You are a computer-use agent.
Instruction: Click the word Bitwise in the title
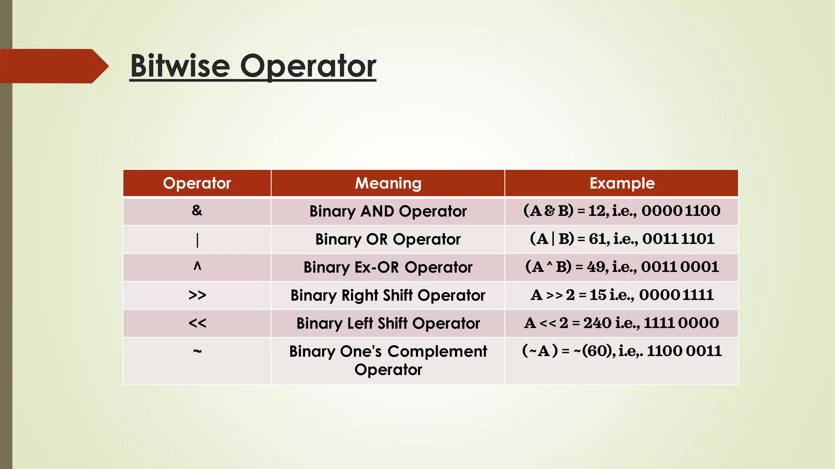(x=180, y=66)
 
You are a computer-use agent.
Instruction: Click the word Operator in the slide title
(x=308, y=66)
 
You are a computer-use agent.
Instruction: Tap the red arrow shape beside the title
(x=53, y=66)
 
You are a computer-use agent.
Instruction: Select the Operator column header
(x=197, y=183)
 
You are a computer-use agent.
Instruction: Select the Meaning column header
(x=388, y=183)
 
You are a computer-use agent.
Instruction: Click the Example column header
(x=622, y=183)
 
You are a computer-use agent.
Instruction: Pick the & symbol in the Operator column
(x=197, y=210)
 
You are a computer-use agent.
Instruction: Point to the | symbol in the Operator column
(x=197, y=240)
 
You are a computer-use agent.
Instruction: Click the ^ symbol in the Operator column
(x=197, y=266)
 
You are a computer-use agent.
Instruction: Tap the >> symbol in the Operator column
(x=197, y=295)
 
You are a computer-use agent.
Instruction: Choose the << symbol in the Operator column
(x=197, y=323)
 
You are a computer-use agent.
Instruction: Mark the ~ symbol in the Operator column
(x=197, y=351)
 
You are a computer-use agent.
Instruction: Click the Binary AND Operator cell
(x=388, y=211)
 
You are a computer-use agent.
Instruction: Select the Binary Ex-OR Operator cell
(x=388, y=267)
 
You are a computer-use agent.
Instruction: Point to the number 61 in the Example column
(x=597, y=239)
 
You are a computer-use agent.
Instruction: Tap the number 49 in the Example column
(x=596, y=267)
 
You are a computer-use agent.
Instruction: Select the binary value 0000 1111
(x=676, y=295)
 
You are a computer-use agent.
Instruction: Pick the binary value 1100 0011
(x=684, y=351)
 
